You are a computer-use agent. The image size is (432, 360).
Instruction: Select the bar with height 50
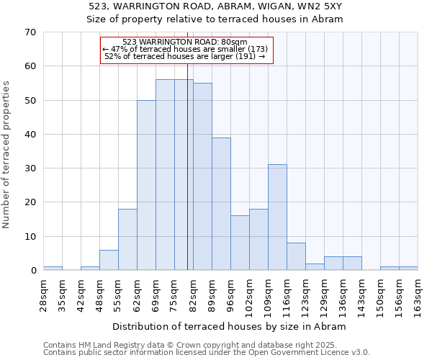tap(146, 185)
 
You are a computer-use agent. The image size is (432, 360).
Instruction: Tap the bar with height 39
tap(221, 204)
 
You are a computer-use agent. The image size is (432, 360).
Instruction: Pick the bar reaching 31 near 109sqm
tap(277, 217)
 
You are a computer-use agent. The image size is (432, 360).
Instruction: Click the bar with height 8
tap(296, 256)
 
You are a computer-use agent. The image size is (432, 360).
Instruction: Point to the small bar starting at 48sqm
tap(109, 260)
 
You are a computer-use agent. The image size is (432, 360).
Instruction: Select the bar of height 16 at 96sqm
tap(240, 243)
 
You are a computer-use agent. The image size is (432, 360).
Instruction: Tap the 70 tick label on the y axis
tap(30, 32)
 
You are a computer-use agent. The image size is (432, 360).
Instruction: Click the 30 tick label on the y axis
tap(30, 168)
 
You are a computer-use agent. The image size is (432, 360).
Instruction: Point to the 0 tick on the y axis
tap(32, 271)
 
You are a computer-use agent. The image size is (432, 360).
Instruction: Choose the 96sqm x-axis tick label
tap(231, 294)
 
